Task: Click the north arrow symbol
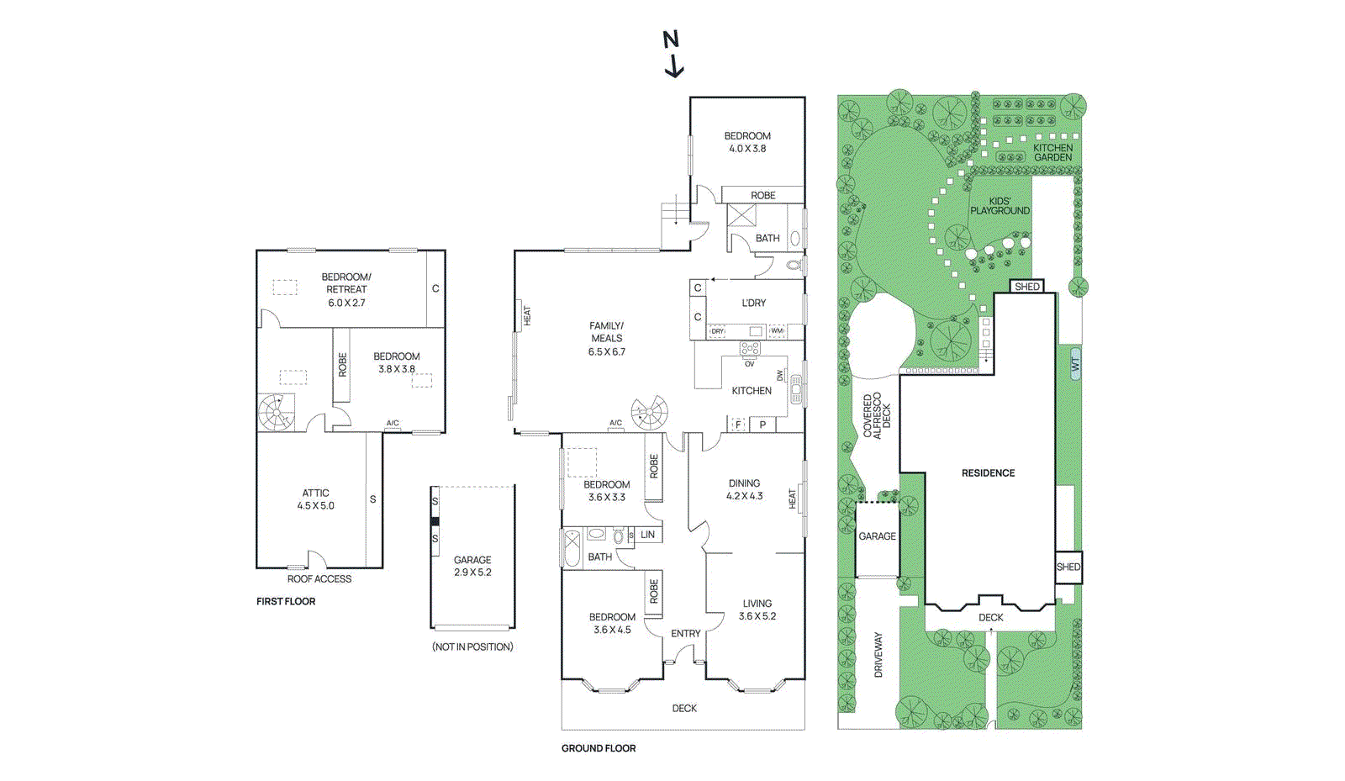click(672, 54)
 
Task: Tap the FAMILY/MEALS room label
click(606, 339)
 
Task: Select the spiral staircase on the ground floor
click(650, 414)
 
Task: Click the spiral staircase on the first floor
click(277, 413)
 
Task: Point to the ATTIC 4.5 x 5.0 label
click(315, 499)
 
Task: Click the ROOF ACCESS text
click(319, 578)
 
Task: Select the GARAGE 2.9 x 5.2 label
click(472, 566)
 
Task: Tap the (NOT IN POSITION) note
click(472, 646)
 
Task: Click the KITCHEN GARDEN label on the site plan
click(1052, 152)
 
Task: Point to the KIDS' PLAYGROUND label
click(1000, 206)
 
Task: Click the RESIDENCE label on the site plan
click(988, 473)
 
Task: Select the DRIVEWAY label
click(878, 655)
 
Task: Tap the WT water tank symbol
click(1074, 364)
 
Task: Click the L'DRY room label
click(753, 303)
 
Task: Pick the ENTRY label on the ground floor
click(685, 634)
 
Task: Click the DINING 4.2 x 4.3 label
click(744, 489)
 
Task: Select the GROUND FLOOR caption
click(599, 748)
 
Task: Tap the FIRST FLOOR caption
click(286, 601)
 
